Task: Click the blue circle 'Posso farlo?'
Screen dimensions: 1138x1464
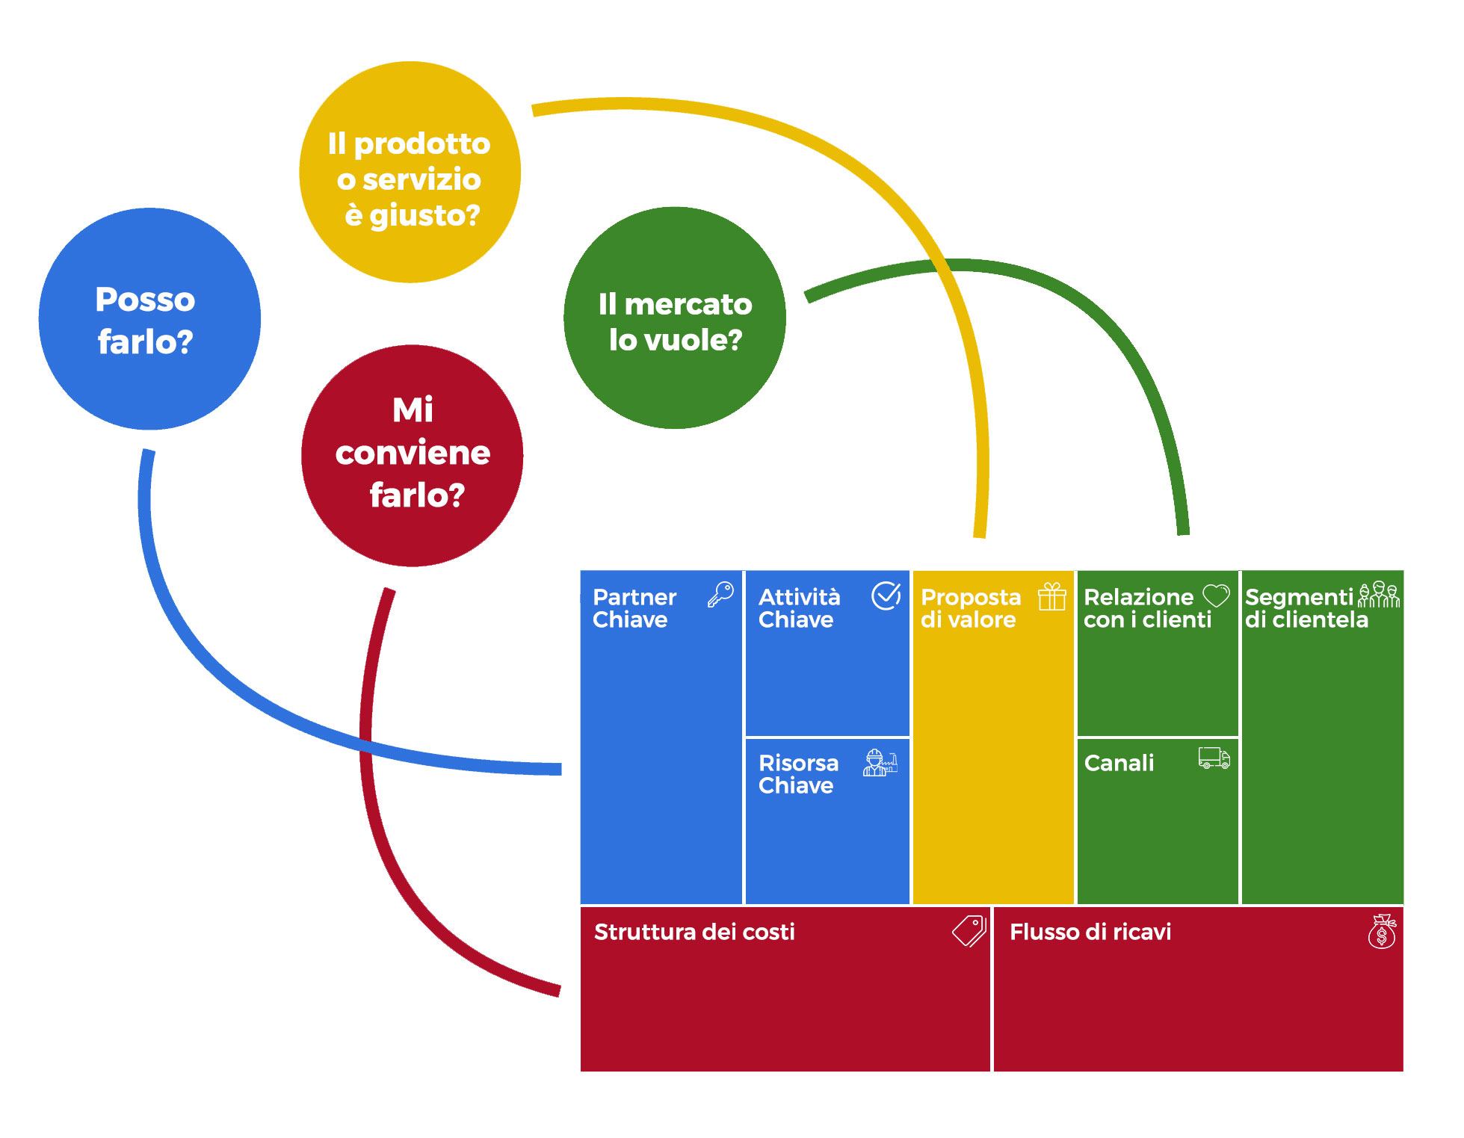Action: (x=149, y=319)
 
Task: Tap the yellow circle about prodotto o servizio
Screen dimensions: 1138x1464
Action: (x=410, y=173)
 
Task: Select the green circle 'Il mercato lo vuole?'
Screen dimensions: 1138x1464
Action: (x=674, y=318)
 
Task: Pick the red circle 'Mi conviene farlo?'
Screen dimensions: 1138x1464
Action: (x=412, y=456)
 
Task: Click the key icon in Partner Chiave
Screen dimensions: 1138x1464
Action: (x=720, y=596)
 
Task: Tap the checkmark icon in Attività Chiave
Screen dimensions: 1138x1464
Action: (x=886, y=596)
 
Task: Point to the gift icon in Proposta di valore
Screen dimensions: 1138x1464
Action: (x=1051, y=597)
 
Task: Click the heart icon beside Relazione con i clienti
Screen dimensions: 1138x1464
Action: (x=1216, y=596)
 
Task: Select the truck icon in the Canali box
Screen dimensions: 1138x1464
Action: (x=1214, y=758)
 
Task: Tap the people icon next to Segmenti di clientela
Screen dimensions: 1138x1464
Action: (x=1379, y=595)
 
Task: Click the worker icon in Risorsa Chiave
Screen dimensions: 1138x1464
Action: (x=880, y=763)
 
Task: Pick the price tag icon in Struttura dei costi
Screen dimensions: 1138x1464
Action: (x=969, y=931)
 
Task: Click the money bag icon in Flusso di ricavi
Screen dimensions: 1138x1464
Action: (x=1382, y=932)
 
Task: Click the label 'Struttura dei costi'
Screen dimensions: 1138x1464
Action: (x=694, y=932)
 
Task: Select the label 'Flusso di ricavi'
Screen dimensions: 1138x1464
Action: (x=1090, y=932)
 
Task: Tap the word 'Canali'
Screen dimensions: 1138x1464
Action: (x=1119, y=763)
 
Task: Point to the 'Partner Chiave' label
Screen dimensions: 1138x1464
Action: (x=634, y=608)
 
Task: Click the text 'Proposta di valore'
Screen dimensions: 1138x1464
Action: (x=970, y=608)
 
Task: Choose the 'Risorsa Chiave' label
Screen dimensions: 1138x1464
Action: (x=798, y=774)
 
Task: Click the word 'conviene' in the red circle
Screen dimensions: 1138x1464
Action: (x=413, y=453)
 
